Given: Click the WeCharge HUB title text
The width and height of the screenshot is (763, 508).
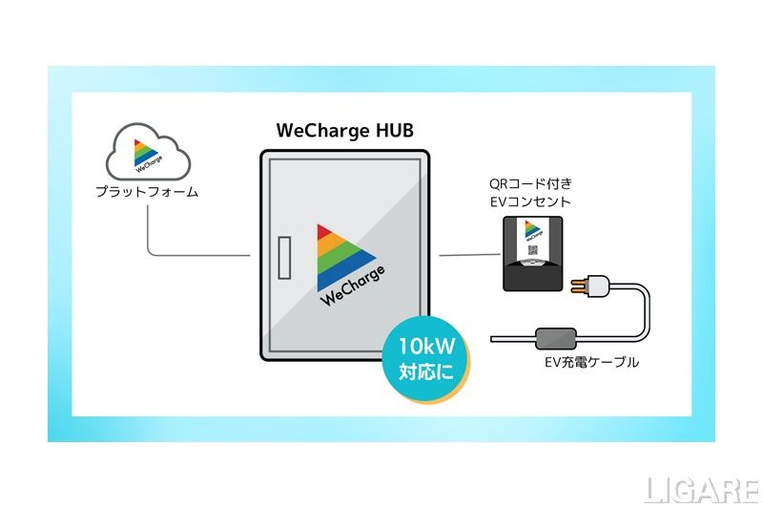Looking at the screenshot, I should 345,131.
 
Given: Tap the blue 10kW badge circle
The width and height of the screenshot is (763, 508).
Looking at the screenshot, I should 426,359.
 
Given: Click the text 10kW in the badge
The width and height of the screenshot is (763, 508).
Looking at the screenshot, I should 426,346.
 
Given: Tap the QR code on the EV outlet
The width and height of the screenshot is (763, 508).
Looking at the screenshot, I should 533,252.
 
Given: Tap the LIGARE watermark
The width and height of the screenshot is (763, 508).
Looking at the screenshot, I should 700,489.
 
